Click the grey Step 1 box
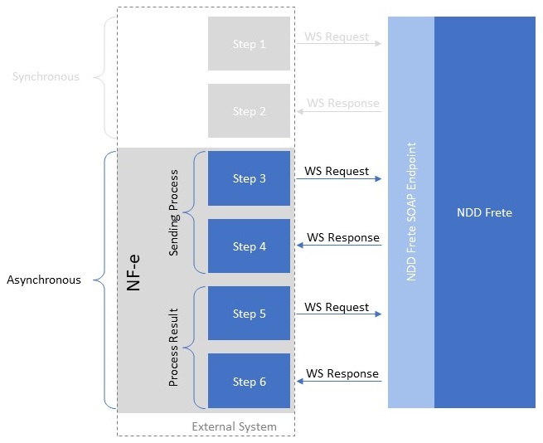pyautogui.click(x=249, y=44)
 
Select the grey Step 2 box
pyautogui.click(x=249, y=111)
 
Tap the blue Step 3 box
pyautogui.click(x=249, y=178)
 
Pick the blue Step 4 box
pyautogui.click(x=249, y=246)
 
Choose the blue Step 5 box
pyautogui.click(x=249, y=314)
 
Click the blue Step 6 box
pyautogui.click(x=249, y=382)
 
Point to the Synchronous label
pyautogui.click(x=46, y=77)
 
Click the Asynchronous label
pyautogui.click(x=44, y=280)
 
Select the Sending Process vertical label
pyautogui.click(x=173, y=212)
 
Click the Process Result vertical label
pyautogui.click(x=173, y=348)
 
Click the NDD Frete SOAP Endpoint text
pyautogui.click(x=411, y=212)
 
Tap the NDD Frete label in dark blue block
pyautogui.click(x=484, y=212)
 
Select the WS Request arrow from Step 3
pyautogui.click(x=338, y=179)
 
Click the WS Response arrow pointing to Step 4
pyautogui.click(x=338, y=246)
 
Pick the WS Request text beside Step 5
pyautogui.click(x=337, y=307)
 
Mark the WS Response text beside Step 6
pyautogui.click(x=342, y=373)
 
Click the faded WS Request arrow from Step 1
pyautogui.click(x=338, y=44)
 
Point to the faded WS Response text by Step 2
pyautogui.click(x=342, y=104)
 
